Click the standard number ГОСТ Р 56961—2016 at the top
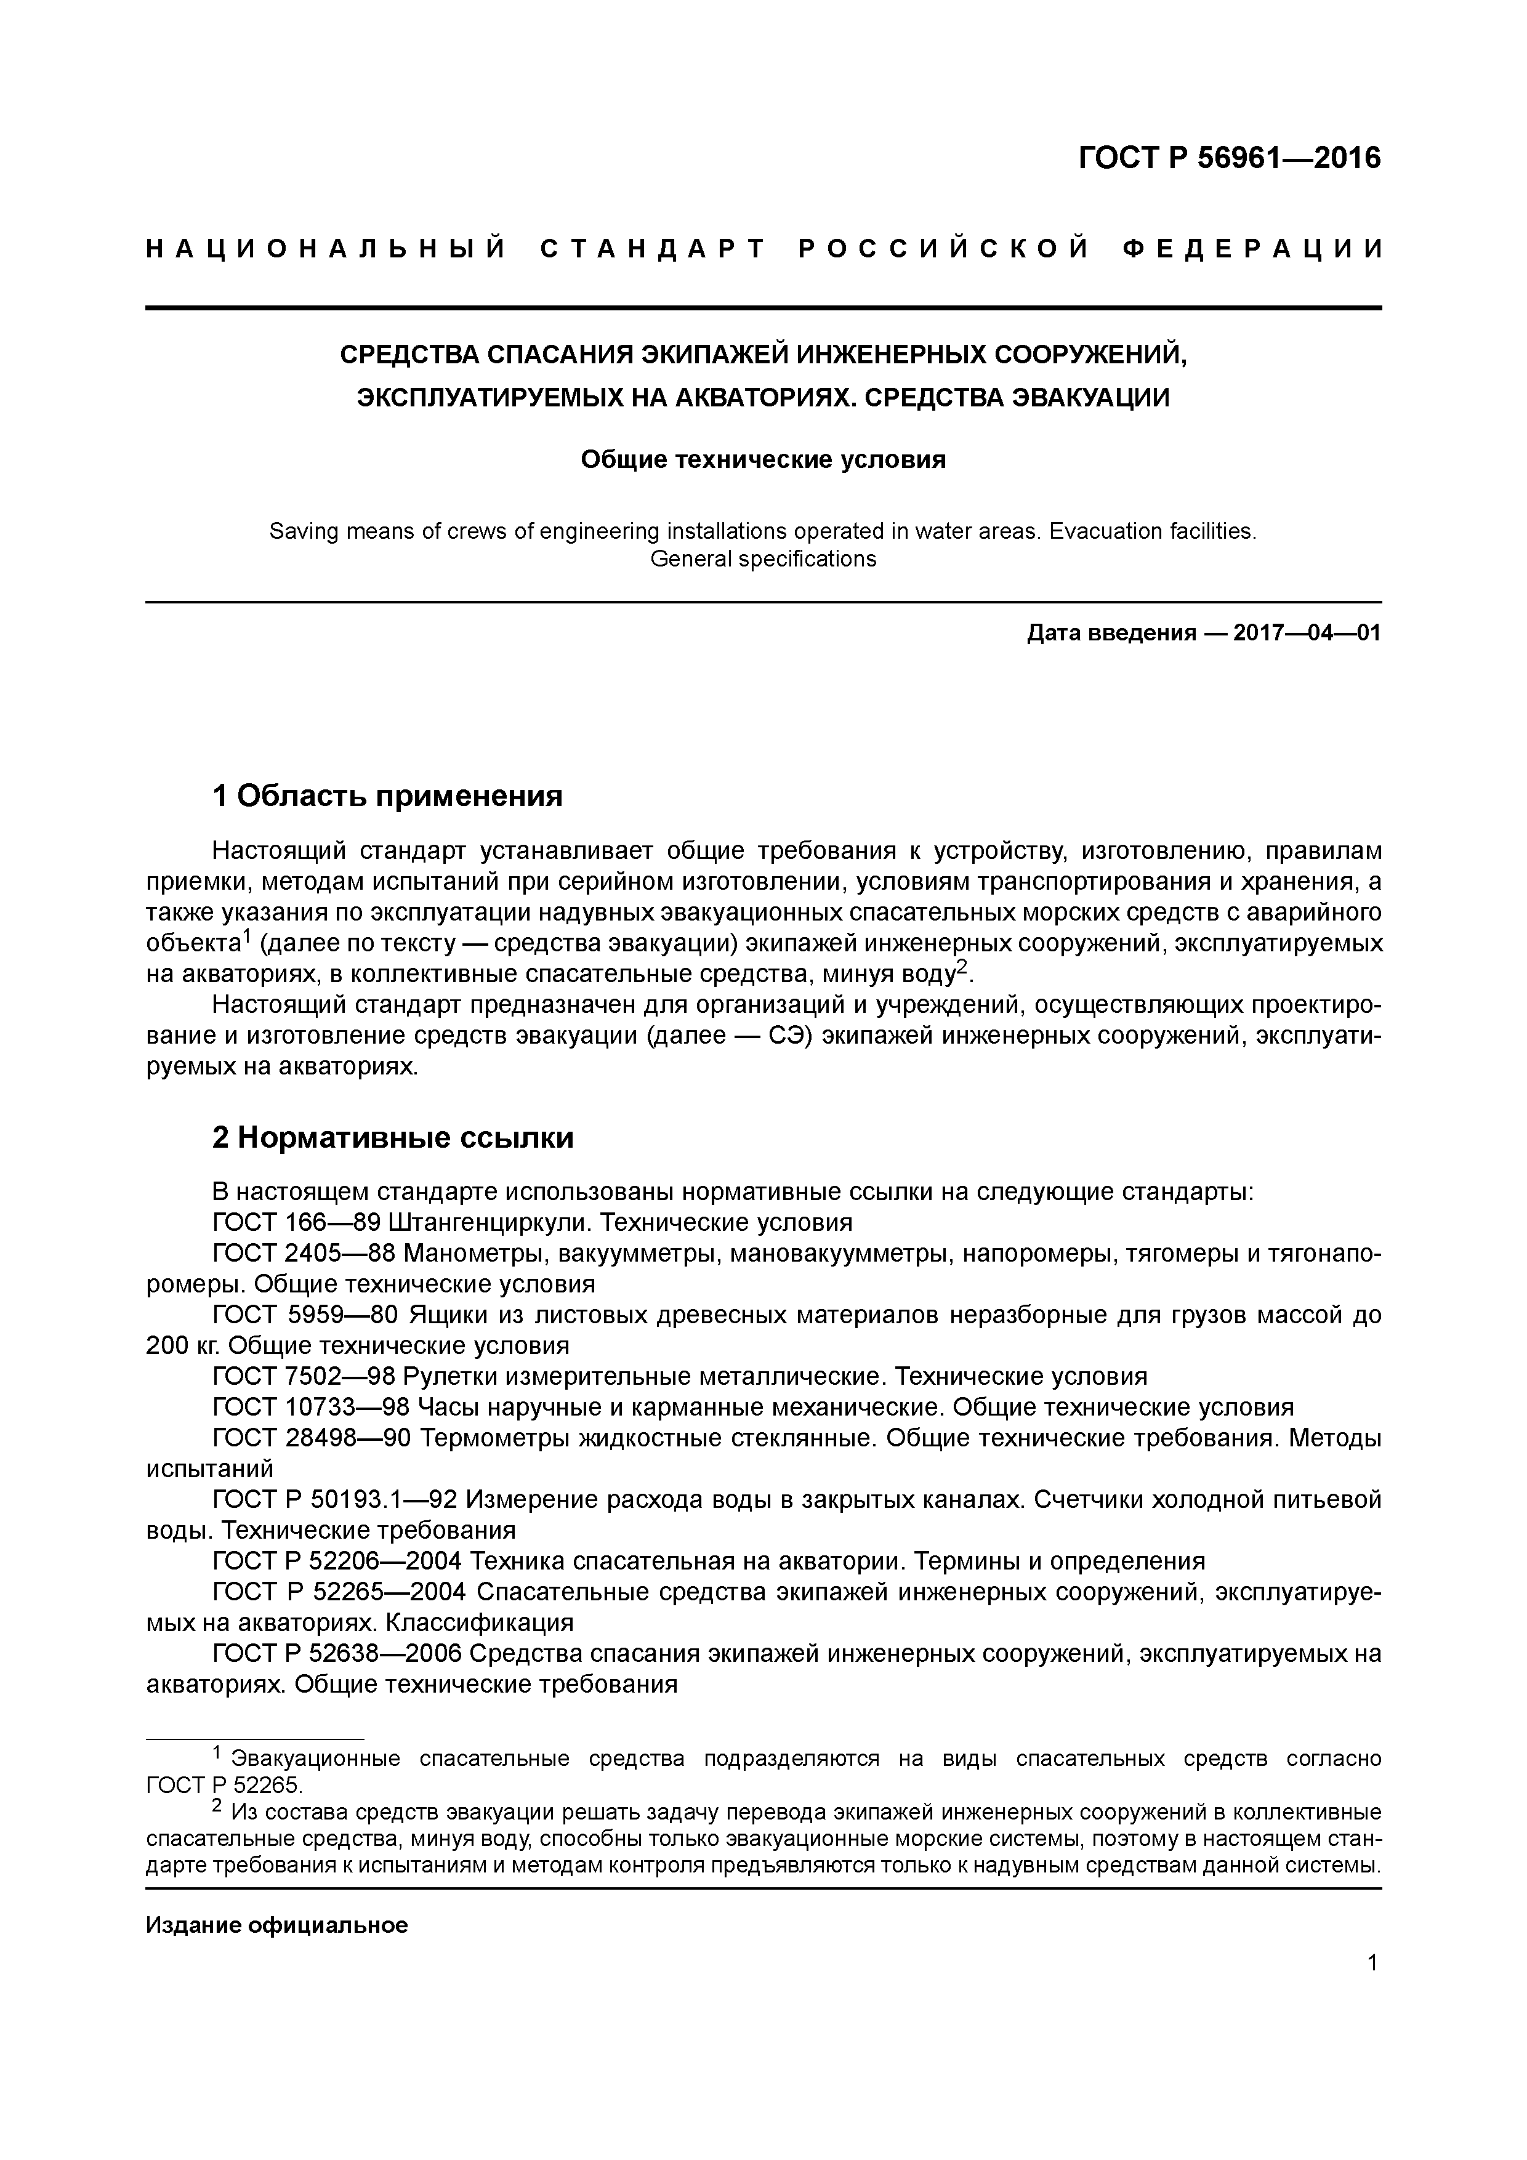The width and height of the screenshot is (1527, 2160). tap(1229, 158)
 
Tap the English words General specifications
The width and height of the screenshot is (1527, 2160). tap(762, 559)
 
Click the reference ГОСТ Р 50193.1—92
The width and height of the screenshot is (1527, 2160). tap(336, 1499)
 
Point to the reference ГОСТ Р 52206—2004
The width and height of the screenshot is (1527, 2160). tap(337, 1562)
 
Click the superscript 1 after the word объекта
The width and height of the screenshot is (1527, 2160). tap(246, 936)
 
